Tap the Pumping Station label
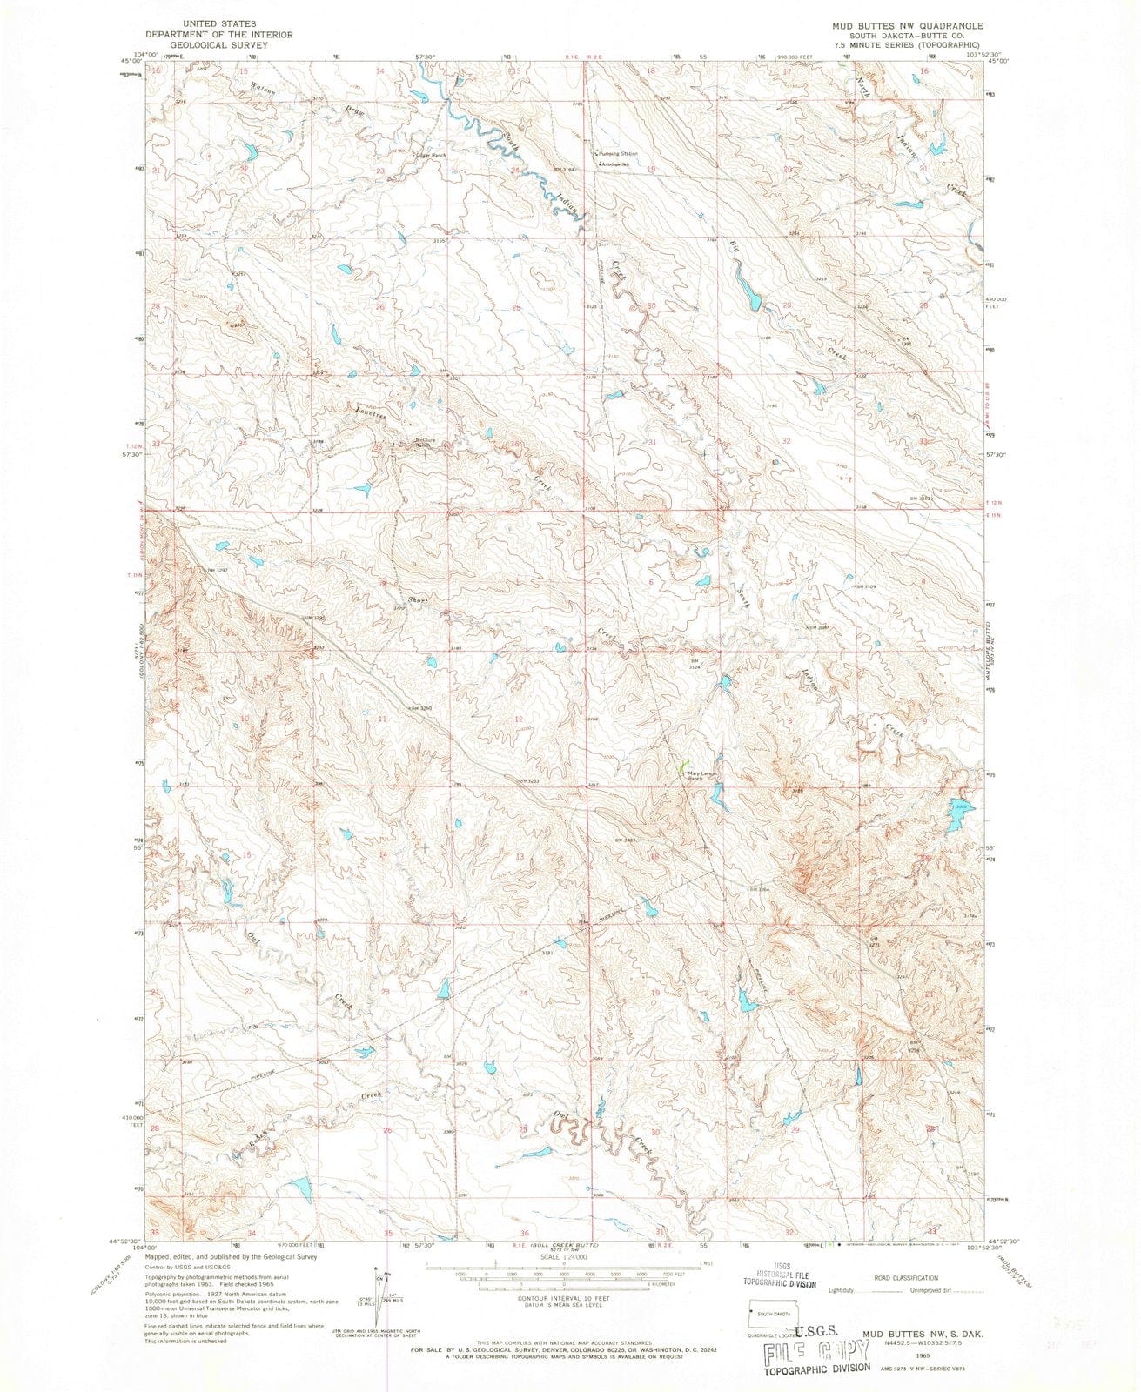(x=618, y=154)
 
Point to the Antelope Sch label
(x=621, y=164)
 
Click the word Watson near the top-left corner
(x=239, y=88)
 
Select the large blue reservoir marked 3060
(x=958, y=813)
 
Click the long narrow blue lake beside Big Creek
(x=746, y=290)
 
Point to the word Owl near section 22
(x=255, y=939)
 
